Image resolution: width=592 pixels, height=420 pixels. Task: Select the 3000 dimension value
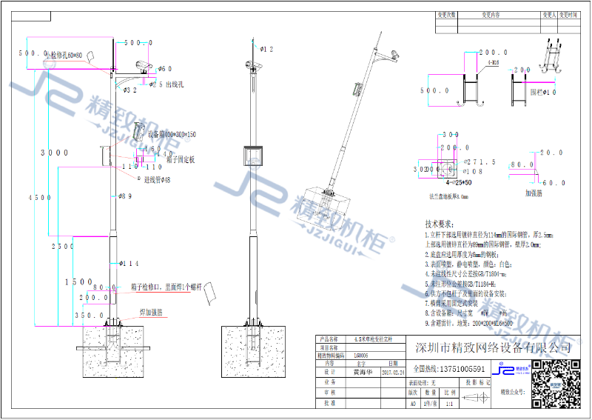(54, 153)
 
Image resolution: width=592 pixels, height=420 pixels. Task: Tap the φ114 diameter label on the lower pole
(129, 263)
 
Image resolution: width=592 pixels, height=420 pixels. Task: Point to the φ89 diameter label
(124, 196)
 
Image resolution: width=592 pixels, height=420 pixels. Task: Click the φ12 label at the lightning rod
(266, 50)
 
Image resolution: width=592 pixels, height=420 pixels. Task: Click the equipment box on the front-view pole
(254, 156)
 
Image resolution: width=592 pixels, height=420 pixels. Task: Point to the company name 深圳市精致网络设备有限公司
(494, 348)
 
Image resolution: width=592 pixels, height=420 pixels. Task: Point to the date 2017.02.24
(392, 373)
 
